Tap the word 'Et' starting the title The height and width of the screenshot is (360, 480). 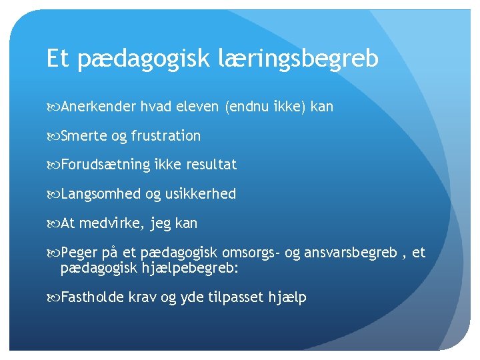pos(58,59)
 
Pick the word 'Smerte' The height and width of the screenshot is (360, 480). pos(83,136)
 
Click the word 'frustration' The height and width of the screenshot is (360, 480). pos(165,136)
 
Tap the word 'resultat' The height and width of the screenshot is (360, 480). pos(211,165)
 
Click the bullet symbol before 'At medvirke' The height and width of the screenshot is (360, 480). pos(53,224)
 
